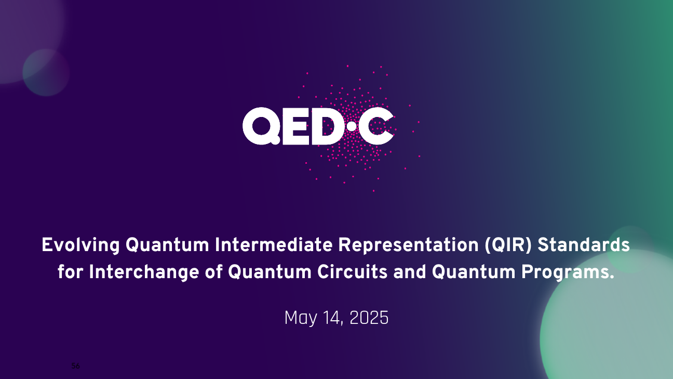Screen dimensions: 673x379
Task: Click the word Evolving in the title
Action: tap(81, 245)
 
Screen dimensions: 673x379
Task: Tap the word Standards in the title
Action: tap(584, 244)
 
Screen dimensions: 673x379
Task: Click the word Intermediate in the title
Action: tap(273, 244)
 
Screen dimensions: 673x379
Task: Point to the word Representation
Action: tap(408, 245)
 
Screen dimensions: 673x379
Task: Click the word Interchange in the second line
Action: tap(144, 272)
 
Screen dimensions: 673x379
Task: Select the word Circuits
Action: tap(353, 271)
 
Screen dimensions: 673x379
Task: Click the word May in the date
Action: tap(301, 319)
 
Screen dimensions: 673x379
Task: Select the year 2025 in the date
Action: tap(369, 318)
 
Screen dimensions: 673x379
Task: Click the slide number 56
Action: tap(75, 366)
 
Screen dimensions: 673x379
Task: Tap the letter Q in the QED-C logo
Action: tap(262, 126)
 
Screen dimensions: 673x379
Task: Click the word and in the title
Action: tap(410, 272)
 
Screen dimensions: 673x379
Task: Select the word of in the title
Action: tap(213, 271)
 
